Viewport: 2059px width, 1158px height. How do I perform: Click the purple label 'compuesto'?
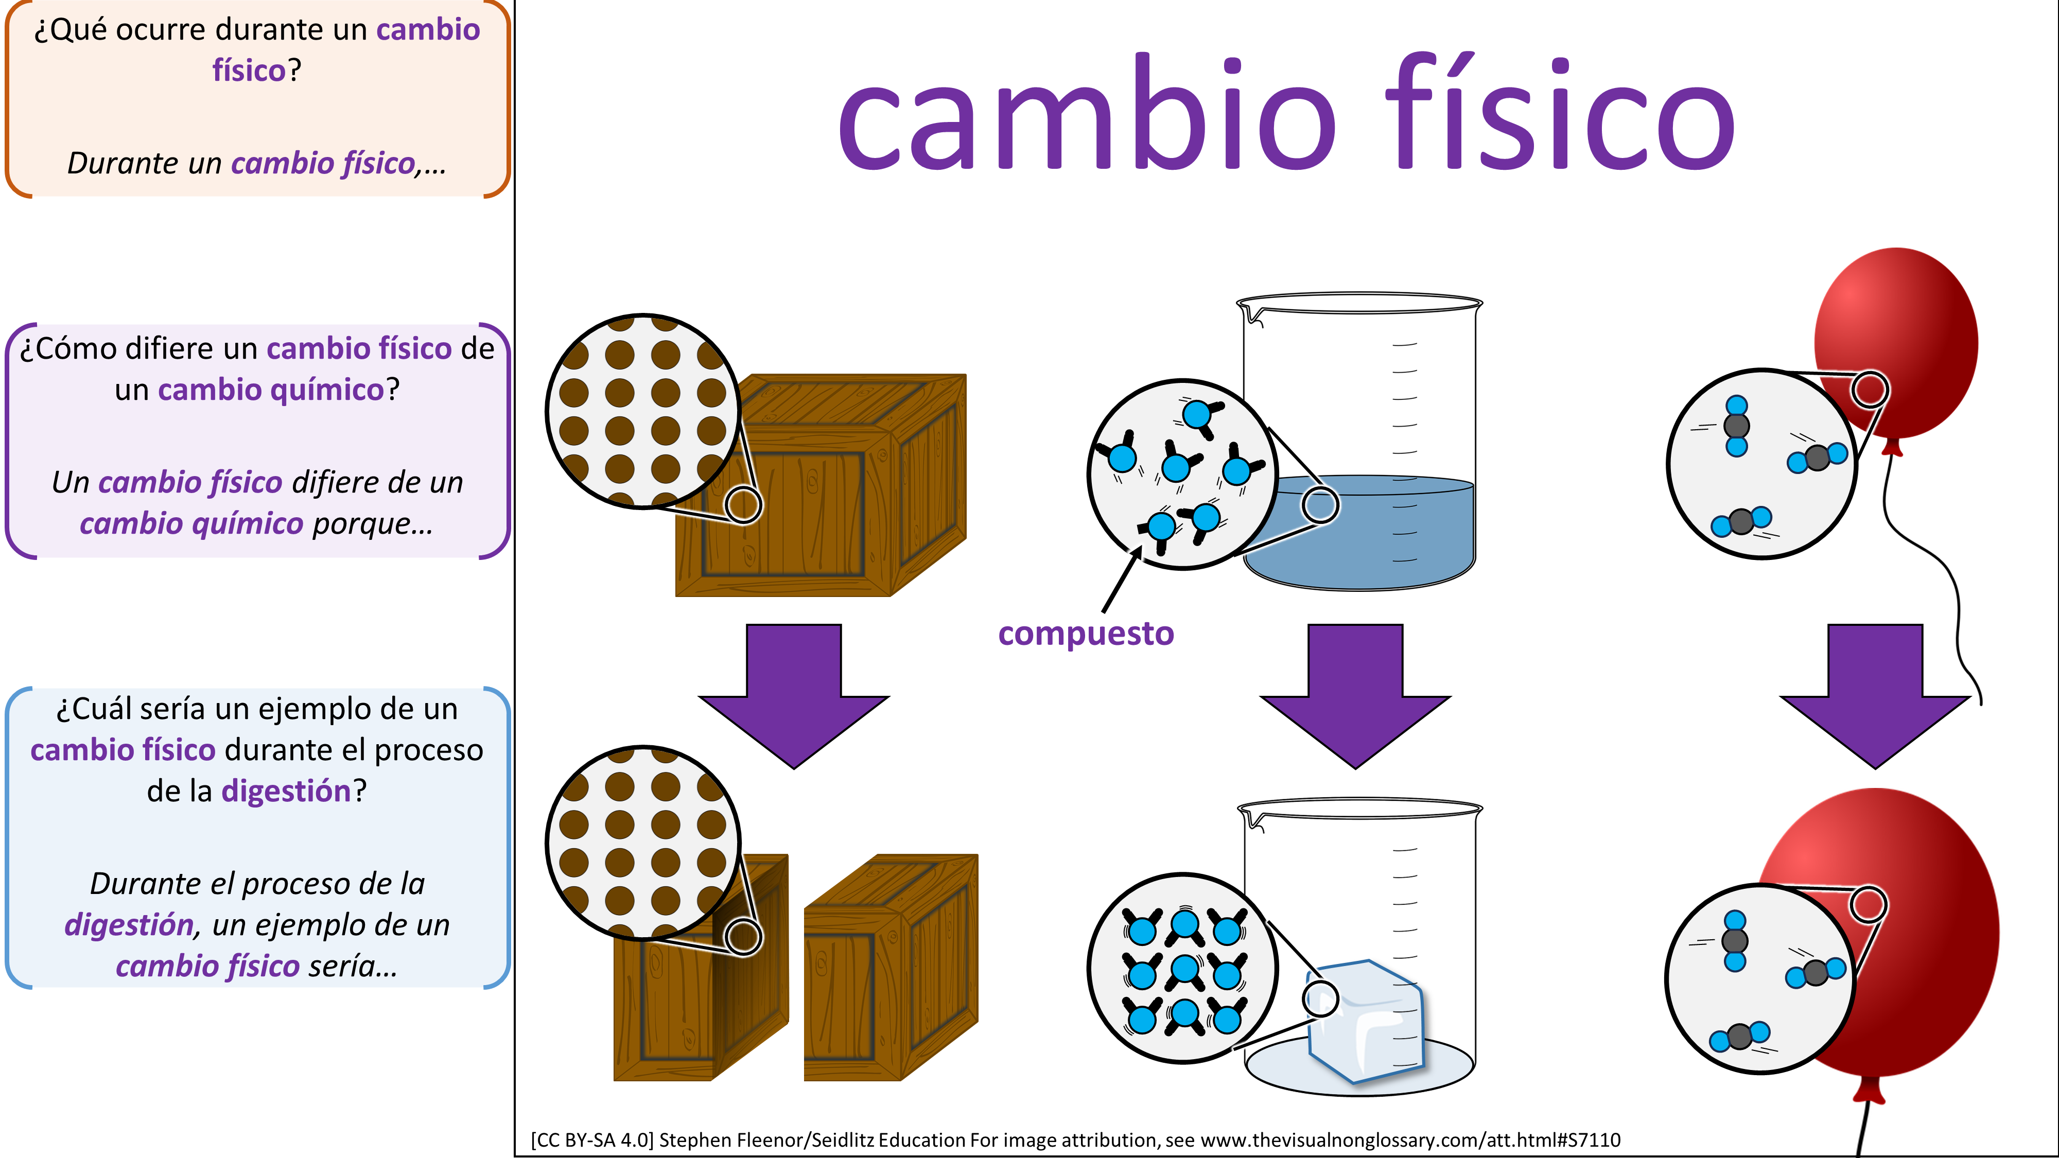pos(1086,634)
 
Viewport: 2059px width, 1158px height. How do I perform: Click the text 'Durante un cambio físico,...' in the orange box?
pos(256,163)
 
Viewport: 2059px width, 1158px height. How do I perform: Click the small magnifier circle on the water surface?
pos(1320,505)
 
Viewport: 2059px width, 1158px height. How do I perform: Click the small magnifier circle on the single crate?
pos(743,505)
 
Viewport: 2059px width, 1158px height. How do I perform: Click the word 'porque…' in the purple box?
pos(373,524)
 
